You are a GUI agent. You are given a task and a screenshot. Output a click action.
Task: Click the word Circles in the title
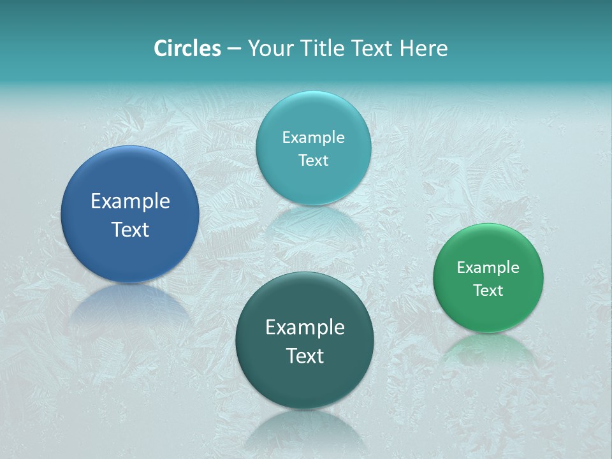pyautogui.click(x=187, y=48)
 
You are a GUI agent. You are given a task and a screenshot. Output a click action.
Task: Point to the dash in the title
pyautogui.click(x=234, y=49)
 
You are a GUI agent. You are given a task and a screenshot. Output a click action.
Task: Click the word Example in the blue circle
pyautogui.click(x=130, y=201)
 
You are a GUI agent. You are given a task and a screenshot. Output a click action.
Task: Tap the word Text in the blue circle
pyautogui.click(x=130, y=229)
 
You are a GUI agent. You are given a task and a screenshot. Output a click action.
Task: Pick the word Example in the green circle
pyautogui.click(x=488, y=267)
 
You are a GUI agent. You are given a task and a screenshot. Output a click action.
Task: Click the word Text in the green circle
pyautogui.click(x=488, y=291)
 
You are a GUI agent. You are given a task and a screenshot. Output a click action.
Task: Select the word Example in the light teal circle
pyautogui.click(x=313, y=137)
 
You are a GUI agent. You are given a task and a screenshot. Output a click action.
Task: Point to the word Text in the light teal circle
pyautogui.click(x=313, y=160)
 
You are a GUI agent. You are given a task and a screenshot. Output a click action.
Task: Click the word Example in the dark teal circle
pyautogui.click(x=305, y=327)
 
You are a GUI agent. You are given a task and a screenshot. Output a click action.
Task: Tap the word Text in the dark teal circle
pyautogui.click(x=305, y=356)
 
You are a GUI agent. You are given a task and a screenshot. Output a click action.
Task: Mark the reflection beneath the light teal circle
pyautogui.click(x=313, y=223)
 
